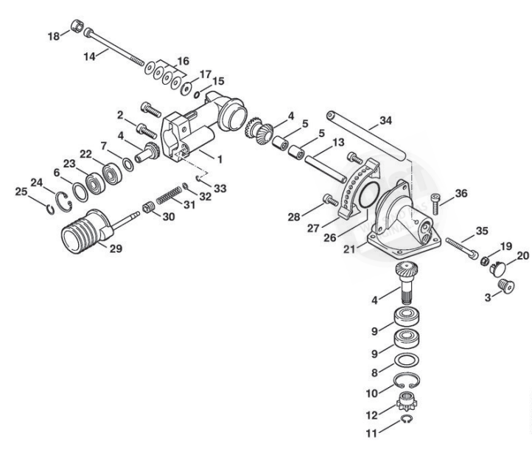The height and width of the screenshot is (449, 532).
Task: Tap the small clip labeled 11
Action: [x=406, y=420]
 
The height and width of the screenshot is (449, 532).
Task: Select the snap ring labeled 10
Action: [x=404, y=381]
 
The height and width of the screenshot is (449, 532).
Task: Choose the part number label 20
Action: [x=522, y=255]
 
